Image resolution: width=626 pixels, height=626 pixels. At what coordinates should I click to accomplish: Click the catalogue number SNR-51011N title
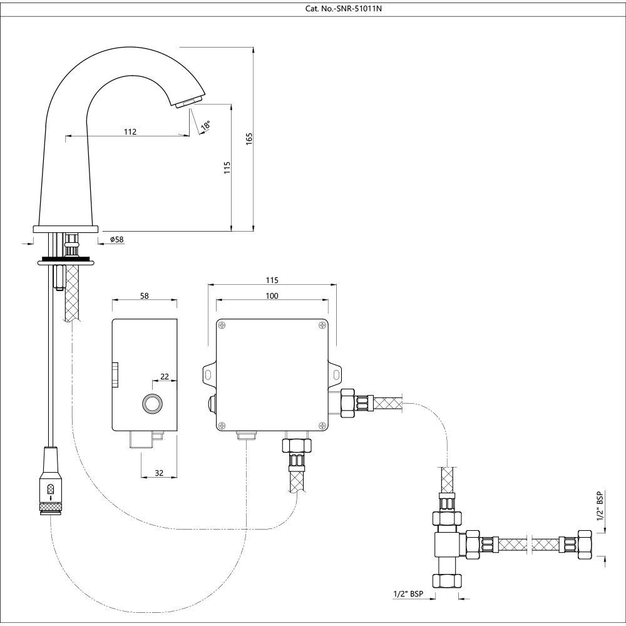point(312,9)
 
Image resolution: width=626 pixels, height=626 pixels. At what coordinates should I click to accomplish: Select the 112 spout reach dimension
point(130,131)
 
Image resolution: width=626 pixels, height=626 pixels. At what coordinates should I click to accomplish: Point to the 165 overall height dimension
point(249,139)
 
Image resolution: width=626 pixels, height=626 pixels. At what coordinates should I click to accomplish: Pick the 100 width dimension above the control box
point(272,295)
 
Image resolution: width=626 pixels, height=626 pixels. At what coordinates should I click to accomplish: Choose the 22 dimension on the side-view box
point(165,376)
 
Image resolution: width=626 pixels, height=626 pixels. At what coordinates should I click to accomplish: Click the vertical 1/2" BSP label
point(600,508)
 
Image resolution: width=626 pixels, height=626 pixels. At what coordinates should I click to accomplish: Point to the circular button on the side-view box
point(151,404)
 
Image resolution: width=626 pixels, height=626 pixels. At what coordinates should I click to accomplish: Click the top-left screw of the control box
point(222,324)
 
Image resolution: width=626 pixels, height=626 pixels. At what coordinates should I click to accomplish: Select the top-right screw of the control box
point(322,324)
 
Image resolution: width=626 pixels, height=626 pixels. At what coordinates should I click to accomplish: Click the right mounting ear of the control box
point(337,374)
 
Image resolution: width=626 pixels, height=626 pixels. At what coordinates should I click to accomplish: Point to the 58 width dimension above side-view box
point(144,295)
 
